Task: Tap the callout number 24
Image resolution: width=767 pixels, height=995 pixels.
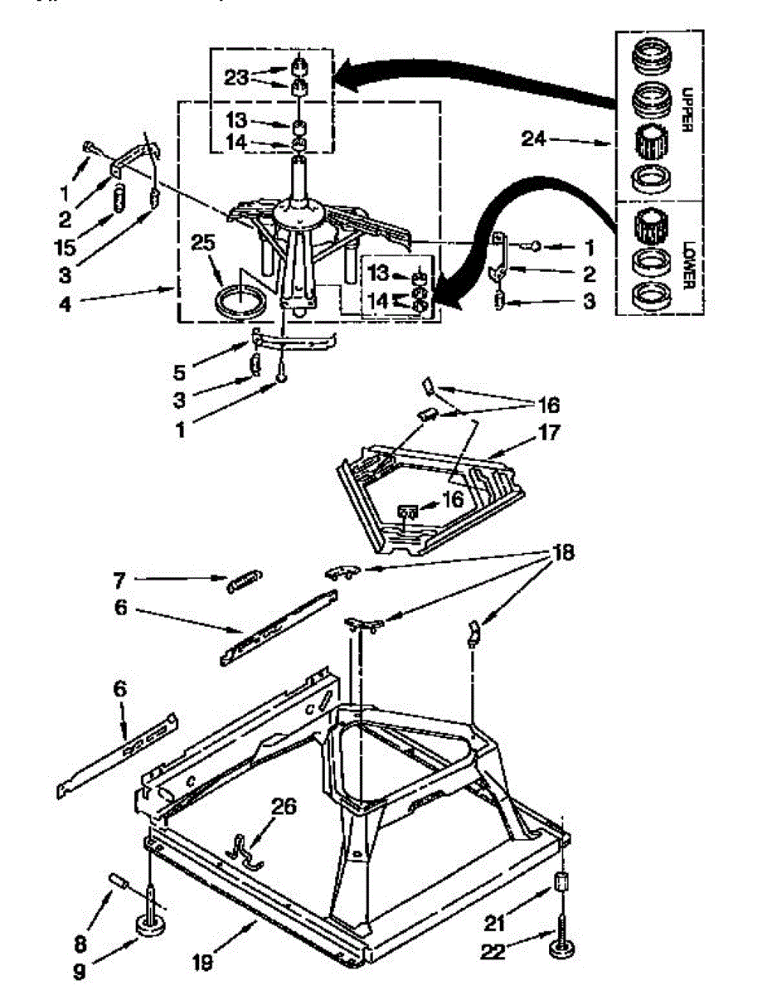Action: pyautogui.click(x=533, y=139)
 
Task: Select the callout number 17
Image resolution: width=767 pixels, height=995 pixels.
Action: pyautogui.click(x=549, y=432)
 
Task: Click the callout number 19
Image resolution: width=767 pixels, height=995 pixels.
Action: pyautogui.click(x=201, y=963)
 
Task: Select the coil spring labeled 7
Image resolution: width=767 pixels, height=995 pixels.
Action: pyautogui.click(x=244, y=580)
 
